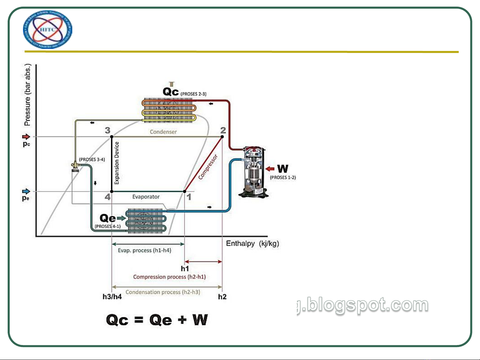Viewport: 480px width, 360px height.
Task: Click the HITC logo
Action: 48,30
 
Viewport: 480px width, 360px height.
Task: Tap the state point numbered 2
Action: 223,130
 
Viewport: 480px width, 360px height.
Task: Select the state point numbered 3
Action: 108,130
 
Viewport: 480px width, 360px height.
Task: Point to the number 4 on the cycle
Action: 108,197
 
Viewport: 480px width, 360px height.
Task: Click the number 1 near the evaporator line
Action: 189,197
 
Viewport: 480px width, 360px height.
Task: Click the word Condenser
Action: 163,132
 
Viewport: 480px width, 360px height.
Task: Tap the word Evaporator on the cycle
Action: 146,197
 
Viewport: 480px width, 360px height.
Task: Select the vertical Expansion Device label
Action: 117,163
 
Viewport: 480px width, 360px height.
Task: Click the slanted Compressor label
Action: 208,167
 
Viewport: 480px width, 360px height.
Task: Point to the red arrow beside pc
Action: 26,137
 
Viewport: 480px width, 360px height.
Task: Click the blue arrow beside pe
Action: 26,191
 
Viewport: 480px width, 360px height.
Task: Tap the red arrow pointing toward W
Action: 270,169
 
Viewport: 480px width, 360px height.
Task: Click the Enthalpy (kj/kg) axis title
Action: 252,243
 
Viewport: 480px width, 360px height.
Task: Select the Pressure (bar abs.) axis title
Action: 27,95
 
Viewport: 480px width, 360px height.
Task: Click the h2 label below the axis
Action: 222,296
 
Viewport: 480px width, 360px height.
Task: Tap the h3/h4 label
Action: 112,296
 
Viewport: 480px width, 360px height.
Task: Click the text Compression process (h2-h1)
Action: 169,277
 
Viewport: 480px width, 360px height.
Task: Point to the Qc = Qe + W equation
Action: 157,320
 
